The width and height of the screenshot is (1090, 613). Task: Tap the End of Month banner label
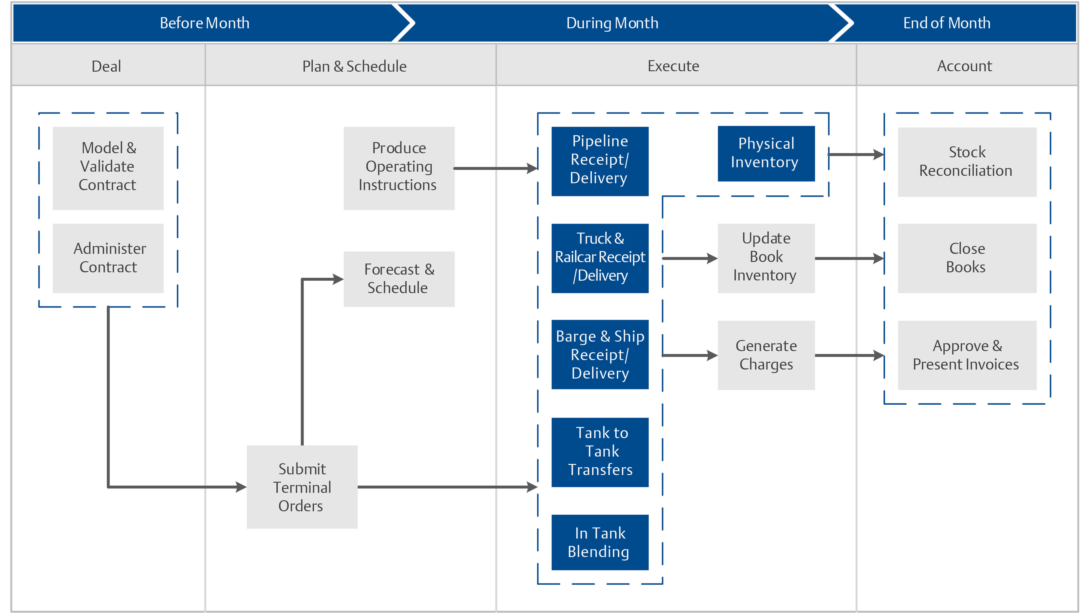coord(947,23)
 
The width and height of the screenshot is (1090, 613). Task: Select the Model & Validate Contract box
coord(108,168)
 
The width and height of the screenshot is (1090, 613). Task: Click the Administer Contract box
coord(108,258)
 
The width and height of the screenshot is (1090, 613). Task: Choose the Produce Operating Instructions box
coord(399,168)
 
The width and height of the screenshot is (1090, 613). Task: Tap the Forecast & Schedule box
coord(399,278)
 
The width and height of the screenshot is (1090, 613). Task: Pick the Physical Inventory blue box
coord(766,153)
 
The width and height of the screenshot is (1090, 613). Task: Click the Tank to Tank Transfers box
coord(599,452)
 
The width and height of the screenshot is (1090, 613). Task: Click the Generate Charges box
coord(766,355)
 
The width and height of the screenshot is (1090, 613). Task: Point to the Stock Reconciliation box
coord(967,162)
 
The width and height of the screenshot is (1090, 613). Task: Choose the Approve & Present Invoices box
coord(967,355)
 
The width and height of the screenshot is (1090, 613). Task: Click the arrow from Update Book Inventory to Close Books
coord(848,258)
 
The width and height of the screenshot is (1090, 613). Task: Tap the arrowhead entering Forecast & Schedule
coord(338,279)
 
